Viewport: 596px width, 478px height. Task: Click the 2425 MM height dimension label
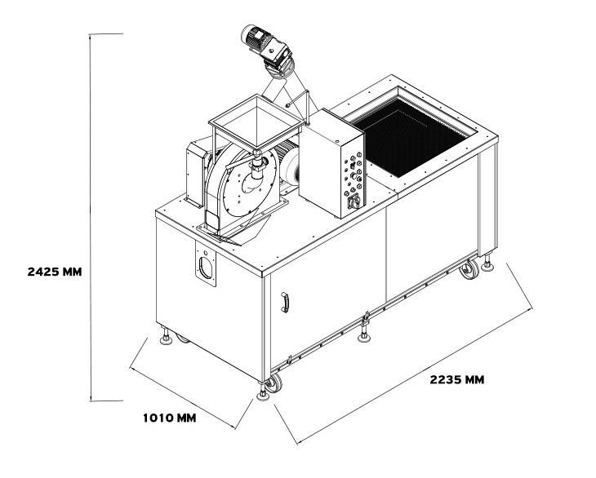(55, 272)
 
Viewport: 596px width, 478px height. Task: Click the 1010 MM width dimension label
(170, 418)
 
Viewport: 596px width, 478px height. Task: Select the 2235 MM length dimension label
(457, 379)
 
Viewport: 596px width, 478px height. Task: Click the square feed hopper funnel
(256, 122)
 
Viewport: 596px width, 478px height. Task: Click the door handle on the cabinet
(285, 302)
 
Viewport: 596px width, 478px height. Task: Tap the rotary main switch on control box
(354, 201)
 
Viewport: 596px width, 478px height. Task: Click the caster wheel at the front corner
(274, 383)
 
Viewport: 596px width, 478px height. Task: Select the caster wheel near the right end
(469, 269)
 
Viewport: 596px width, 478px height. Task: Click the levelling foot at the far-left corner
(166, 336)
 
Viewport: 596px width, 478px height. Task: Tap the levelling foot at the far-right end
(487, 263)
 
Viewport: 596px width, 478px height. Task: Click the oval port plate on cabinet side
(206, 263)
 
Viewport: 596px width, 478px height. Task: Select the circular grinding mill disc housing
(242, 183)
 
